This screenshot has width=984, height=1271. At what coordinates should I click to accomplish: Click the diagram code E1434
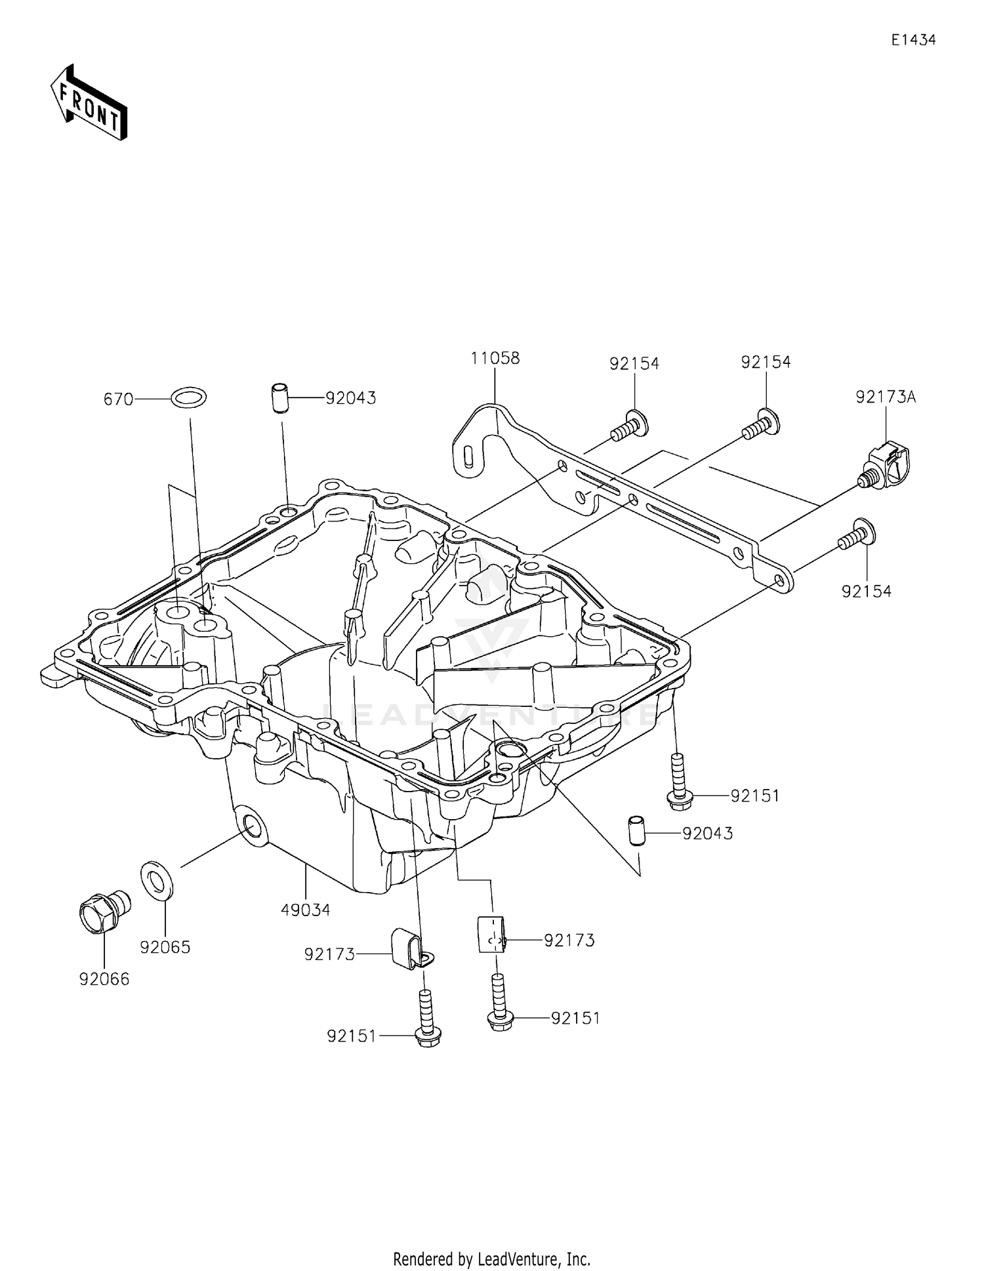click(913, 40)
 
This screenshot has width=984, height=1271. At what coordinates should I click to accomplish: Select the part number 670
click(118, 399)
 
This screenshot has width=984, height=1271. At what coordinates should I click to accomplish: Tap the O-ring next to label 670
click(188, 397)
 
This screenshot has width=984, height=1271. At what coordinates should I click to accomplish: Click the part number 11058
click(495, 358)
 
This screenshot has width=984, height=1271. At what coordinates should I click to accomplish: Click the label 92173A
click(885, 397)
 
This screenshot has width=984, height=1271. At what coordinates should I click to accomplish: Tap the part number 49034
click(305, 910)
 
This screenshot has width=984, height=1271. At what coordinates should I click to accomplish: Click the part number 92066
click(104, 978)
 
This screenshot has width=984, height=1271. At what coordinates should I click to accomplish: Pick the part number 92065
click(165, 947)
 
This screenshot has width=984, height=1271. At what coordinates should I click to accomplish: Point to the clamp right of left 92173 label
click(406, 948)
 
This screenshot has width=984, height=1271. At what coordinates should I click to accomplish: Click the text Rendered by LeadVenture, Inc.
click(491, 1259)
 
